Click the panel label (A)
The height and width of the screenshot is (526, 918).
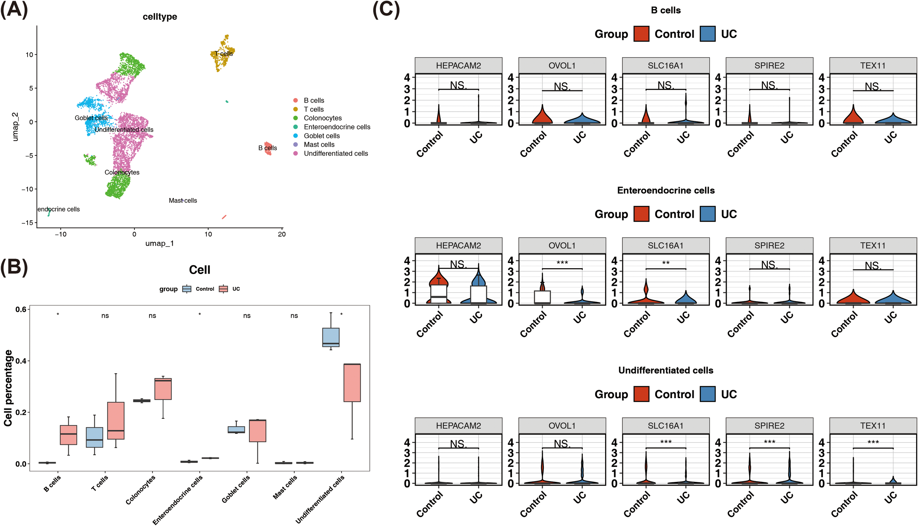[x=14, y=10]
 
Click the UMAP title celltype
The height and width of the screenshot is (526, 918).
[x=160, y=17]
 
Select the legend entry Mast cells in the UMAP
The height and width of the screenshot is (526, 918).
[x=319, y=144]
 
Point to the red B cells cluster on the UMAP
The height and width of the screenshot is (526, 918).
[x=268, y=148]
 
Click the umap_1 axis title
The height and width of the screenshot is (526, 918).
[x=159, y=243]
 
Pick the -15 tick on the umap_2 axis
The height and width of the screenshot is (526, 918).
[x=27, y=223]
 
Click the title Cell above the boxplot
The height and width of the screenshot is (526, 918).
[x=199, y=270]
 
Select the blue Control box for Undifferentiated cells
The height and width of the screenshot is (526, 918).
[x=330, y=337]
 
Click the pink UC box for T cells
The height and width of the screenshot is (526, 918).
[x=116, y=420]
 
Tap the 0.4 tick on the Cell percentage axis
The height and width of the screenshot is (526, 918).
[x=21, y=361]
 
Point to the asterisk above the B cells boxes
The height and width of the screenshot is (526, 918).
[x=58, y=314]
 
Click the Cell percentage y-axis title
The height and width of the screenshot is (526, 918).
[x=8, y=388]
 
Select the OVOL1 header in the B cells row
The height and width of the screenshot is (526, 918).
[x=562, y=65]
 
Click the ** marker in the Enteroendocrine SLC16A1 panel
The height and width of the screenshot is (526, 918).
[x=665, y=263]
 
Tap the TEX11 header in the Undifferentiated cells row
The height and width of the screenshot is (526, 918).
[x=873, y=425]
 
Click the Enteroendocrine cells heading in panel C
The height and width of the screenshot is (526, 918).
[x=665, y=190]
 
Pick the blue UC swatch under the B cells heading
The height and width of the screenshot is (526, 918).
[x=707, y=34]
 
